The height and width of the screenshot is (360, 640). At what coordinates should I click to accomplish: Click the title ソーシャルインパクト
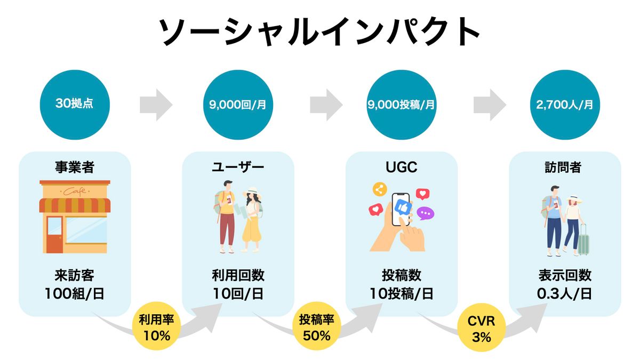(x=320, y=33)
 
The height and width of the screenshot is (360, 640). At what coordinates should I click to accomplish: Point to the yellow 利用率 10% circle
(x=156, y=328)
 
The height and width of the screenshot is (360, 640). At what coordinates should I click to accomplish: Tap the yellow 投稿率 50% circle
(x=316, y=328)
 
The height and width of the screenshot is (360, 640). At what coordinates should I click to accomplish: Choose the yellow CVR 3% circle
(x=482, y=328)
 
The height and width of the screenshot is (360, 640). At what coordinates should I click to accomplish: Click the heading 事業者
(x=75, y=167)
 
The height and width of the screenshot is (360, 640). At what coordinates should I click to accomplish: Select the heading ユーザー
(x=238, y=167)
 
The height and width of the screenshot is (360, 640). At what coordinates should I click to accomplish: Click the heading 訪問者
(x=565, y=167)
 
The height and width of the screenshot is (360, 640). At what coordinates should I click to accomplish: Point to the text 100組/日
(x=75, y=293)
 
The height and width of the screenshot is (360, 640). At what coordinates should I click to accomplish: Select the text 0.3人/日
(x=565, y=293)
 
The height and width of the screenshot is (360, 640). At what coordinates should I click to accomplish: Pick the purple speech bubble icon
(x=425, y=213)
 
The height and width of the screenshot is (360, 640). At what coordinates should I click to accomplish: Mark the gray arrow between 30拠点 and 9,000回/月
(x=156, y=105)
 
